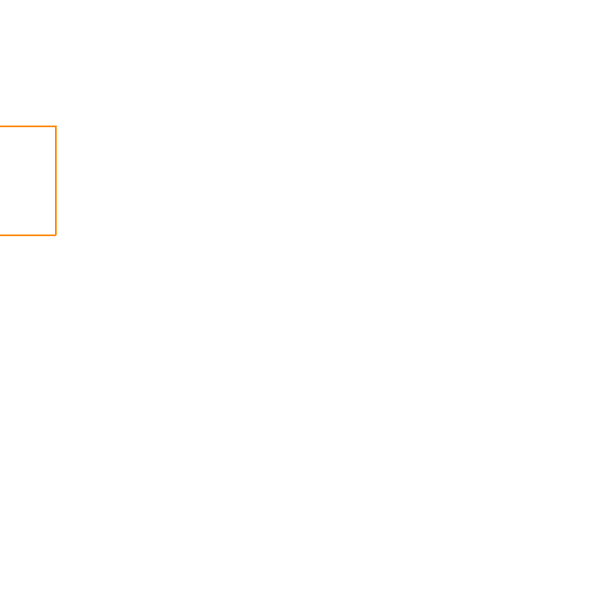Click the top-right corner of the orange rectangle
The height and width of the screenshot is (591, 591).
[56, 126]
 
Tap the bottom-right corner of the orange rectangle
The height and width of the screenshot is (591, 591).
[56, 235]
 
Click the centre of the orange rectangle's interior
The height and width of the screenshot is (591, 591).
[28, 180]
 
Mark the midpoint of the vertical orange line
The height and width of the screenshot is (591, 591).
[56, 180]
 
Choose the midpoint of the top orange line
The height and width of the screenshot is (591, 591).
[28, 126]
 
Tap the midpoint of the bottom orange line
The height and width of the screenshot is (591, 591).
[28, 235]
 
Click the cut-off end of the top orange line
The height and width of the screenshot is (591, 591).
[1, 126]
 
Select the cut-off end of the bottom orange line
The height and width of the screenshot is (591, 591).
[1, 235]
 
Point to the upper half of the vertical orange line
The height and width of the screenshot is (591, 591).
[56, 153]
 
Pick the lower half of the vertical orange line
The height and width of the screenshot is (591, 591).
[56, 209]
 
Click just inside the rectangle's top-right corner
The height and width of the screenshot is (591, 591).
[51, 132]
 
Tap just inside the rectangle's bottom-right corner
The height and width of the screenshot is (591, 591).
[51, 230]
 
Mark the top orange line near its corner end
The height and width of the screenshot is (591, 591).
[48, 126]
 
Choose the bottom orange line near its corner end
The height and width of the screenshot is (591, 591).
[48, 235]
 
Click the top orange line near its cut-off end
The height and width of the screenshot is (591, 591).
[7, 126]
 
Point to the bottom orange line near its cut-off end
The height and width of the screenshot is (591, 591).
[7, 235]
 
